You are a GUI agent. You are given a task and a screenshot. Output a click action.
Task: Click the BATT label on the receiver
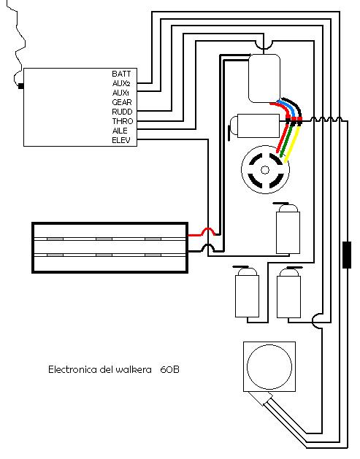click(x=121, y=74)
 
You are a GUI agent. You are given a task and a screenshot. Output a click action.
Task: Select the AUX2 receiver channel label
click(x=121, y=83)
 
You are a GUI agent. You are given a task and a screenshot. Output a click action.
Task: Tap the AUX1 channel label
click(x=120, y=93)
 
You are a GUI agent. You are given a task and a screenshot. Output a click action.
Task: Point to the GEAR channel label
click(x=122, y=102)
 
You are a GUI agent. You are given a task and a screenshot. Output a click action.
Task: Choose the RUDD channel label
click(x=122, y=112)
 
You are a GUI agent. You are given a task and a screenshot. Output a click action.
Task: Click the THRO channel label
click(x=123, y=121)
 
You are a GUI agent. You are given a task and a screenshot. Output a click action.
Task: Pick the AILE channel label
click(x=120, y=131)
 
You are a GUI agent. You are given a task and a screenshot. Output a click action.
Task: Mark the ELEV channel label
click(x=121, y=140)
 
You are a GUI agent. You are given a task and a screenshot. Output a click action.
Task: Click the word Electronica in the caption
click(x=72, y=369)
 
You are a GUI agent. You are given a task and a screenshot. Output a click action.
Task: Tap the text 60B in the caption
click(x=169, y=369)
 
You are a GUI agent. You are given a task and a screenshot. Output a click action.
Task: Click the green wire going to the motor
click(x=288, y=141)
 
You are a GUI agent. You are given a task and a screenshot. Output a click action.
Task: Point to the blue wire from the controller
click(x=288, y=107)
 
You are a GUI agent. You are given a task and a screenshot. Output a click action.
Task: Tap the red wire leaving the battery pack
click(x=202, y=233)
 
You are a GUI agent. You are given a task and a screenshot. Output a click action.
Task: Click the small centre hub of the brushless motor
click(x=265, y=169)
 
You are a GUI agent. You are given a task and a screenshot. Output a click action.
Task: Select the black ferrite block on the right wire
click(x=347, y=255)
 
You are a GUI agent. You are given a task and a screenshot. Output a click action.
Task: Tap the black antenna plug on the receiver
click(x=20, y=86)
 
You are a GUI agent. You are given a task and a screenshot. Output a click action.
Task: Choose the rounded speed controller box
click(x=264, y=79)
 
